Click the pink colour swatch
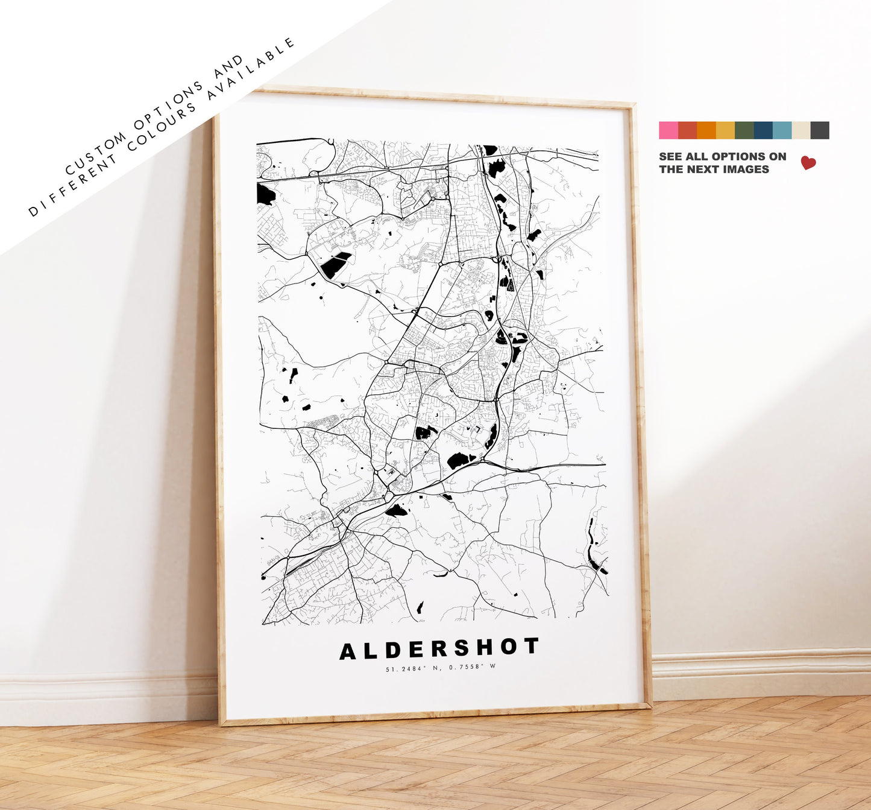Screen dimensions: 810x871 pyautogui.click(x=668, y=130)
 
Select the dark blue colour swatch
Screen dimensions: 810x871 pyautogui.click(x=763, y=130)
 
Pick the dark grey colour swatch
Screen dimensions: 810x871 pyautogui.click(x=820, y=130)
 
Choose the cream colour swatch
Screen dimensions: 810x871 pyautogui.click(x=801, y=130)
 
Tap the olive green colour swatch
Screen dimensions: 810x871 pyautogui.click(x=744, y=130)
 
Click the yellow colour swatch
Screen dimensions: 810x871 pyautogui.click(x=725, y=130)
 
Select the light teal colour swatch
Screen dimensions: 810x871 pyautogui.click(x=782, y=130)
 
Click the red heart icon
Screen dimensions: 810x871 pyautogui.click(x=808, y=163)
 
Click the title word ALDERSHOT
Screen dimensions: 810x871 pyautogui.click(x=439, y=649)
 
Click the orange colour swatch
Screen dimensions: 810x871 pyautogui.click(x=706, y=130)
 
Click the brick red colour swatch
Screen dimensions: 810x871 pyautogui.click(x=687, y=130)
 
